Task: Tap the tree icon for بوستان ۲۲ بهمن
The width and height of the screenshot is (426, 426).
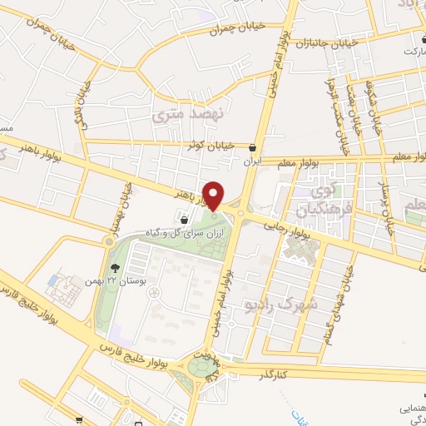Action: pyautogui.click(x=114, y=267)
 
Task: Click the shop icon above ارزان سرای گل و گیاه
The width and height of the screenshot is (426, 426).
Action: pyautogui.click(x=183, y=220)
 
